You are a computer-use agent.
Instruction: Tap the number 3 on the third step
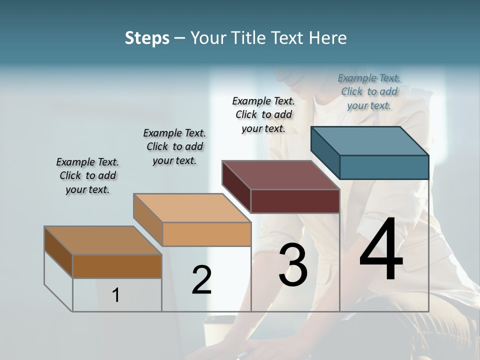point(293,265)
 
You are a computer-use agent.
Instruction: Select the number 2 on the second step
point(201,280)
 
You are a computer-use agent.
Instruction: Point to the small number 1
point(116,295)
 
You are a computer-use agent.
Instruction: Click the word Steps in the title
point(147,38)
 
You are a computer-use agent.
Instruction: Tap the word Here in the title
point(327,38)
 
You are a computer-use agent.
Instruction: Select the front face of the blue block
point(384,167)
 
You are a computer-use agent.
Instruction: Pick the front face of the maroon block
point(295,201)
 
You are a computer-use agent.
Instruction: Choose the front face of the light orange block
point(206,234)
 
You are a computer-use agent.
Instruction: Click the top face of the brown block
point(103,240)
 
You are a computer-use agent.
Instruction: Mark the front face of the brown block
point(117,266)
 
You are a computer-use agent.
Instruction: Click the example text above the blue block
point(369,91)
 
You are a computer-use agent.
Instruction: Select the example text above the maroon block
point(263,114)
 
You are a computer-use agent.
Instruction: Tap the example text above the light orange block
point(174,146)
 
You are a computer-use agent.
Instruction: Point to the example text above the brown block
point(87,175)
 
